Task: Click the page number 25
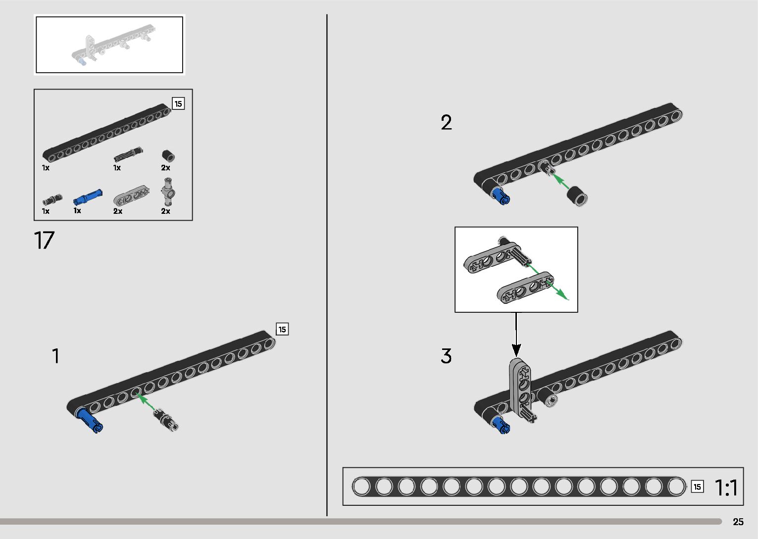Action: tap(738, 522)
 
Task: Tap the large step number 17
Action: tap(44, 241)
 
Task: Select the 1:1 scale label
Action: tap(726, 488)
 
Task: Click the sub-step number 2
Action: tap(446, 123)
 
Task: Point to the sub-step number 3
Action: tap(446, 356)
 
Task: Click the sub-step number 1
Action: tap(56, 356)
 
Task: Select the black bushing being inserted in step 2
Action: tap(577, 196)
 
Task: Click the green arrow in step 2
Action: tap(560, 181)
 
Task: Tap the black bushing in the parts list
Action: tap(169, 155)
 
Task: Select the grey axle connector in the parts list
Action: tap(168, 193)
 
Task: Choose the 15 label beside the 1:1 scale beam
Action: tap(697, 487)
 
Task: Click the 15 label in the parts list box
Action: tap(178, 104)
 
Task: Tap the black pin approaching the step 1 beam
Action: tap(167, 419)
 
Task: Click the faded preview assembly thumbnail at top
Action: tap(109, 45)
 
